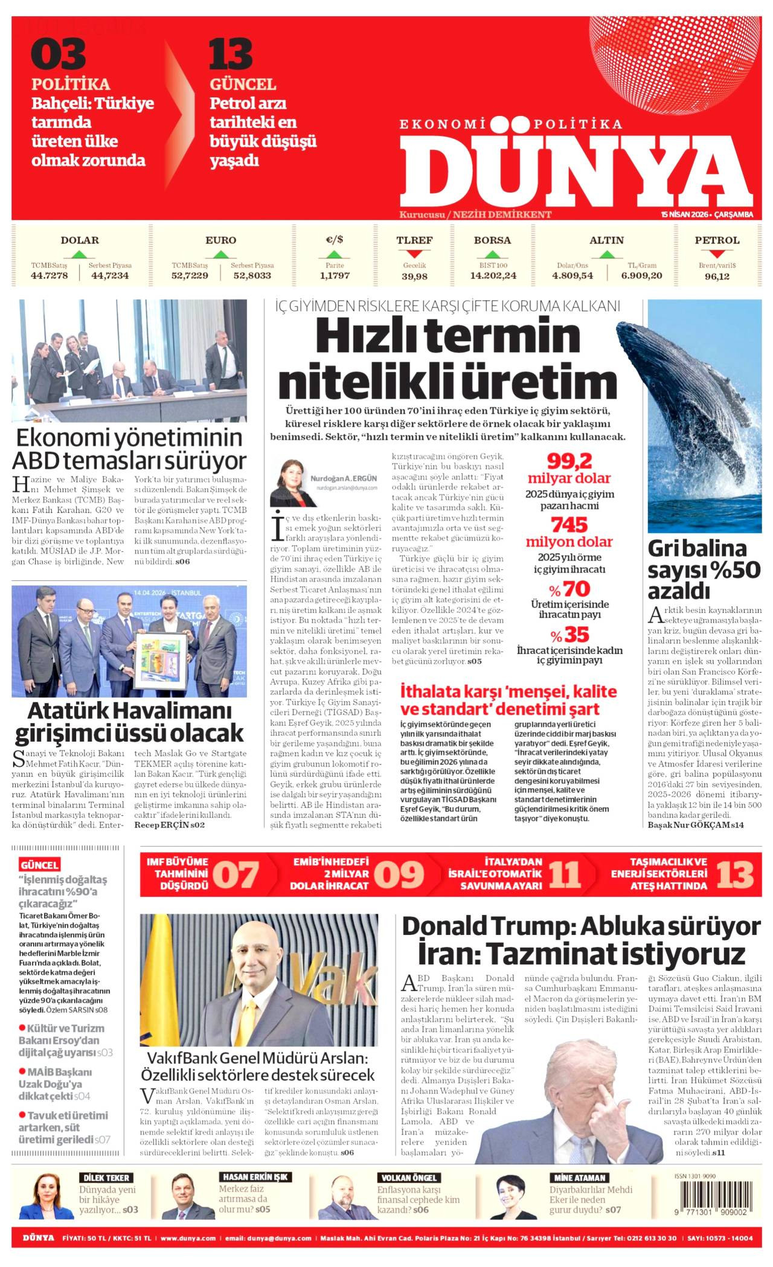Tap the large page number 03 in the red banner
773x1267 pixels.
pos(58,54)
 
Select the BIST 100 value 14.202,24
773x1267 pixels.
pos(493,276)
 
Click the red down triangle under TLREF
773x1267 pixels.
pos(414,254)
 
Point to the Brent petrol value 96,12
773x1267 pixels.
pos(717,276)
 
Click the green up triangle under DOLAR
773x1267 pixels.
pos(80,254)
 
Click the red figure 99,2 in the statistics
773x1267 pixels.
pos(569,462)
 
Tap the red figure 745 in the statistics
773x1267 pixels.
pos(569,524)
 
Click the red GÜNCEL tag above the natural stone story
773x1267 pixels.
pos(39,865)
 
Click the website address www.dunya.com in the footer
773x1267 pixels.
pos(188,1238)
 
